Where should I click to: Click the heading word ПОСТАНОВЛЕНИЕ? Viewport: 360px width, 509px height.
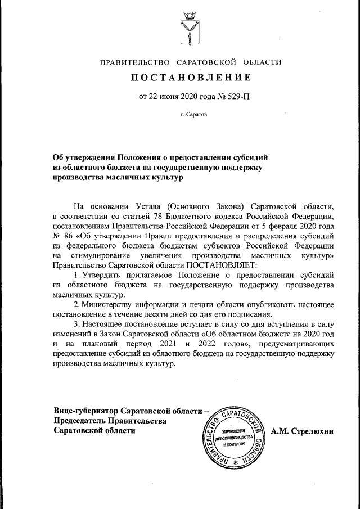(x=191, y=77)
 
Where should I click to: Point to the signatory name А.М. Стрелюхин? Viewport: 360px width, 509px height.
(x=302, y=431)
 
